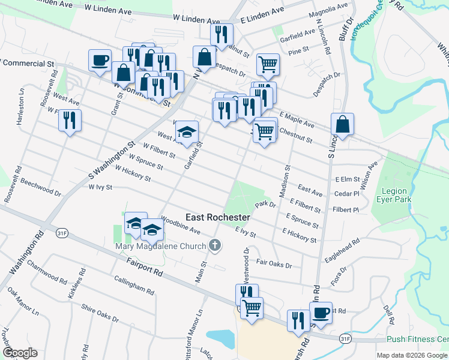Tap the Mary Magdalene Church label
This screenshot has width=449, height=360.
point(159,246)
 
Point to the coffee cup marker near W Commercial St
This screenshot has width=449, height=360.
point(100,60)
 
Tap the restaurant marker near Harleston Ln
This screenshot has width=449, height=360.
point(70,120)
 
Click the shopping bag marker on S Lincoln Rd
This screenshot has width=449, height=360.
point(342,125)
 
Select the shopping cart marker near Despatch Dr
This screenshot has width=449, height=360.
point(268,64)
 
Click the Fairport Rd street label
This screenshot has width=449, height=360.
point(145,267)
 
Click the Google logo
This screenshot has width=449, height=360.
point(20,352)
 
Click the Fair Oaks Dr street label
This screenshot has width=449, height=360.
point(274,263)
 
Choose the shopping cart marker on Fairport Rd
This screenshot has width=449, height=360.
point(252,308)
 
